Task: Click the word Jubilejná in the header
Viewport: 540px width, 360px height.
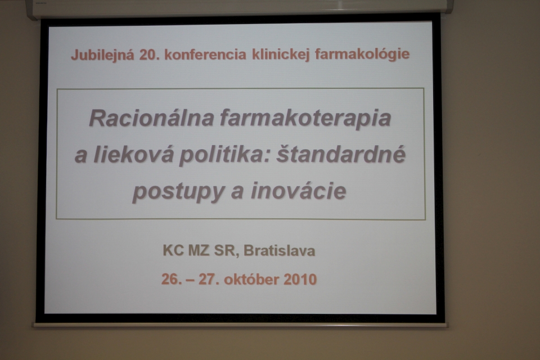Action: pyautogui.click(x=102, y=55)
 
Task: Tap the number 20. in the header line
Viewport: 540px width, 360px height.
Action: pyautogui.click(x=150, y=55)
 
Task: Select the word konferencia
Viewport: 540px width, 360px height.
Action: pyautogui.click(x=206, y=55)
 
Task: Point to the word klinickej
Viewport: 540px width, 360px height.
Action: pyautogui.click(x=281, y=55)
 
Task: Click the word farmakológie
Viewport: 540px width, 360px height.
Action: pyautogui.click(x=362, y=54)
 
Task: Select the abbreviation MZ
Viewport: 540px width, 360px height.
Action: pyautogui.click(x=199, y=250)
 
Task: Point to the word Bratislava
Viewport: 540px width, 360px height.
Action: pyautogui.click(x=280, y=251)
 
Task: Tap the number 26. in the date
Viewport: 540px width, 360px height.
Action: pyautogui.click(x=172, y=279)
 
